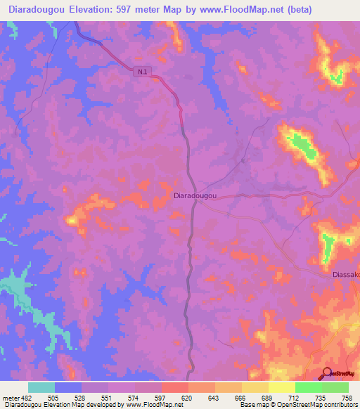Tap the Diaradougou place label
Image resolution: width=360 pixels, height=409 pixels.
tap(194, 197)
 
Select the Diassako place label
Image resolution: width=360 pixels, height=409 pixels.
tap(345, 275)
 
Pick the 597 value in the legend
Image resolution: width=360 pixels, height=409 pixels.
tap(161, 397)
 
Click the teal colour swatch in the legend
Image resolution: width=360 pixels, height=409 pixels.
tap(41, 387)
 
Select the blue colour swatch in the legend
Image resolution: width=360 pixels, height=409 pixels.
tap(68, 387)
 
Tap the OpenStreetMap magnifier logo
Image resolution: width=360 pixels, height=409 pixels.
tap(328, 374)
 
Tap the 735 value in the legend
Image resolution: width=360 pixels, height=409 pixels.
tap(321, 397)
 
